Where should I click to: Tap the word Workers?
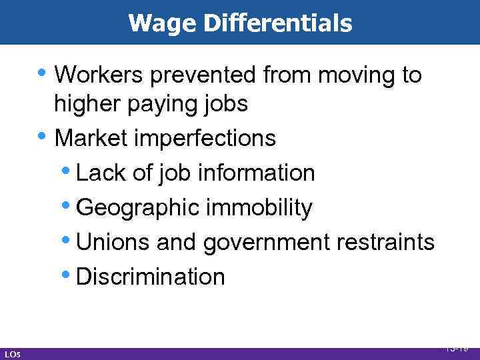click(100, 75)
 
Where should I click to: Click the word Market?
click(90, 138)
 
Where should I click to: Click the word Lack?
click(100, 173)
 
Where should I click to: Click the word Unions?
click(113, 242)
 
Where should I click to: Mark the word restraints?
click(386, 242)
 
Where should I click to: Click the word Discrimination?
click(151, 277)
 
